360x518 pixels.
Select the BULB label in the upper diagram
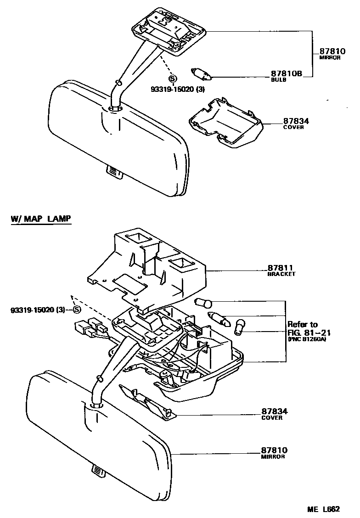point(278,80)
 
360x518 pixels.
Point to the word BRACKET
point(281,274)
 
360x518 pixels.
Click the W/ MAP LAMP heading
point(41,219)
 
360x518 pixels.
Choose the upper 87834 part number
point(296,121)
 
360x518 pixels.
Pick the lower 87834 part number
point(274,411)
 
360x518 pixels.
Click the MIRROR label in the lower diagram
point(273,457)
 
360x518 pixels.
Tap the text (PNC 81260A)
point(308,340)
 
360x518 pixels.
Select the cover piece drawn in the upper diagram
point(225,123)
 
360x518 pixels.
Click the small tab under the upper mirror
point(113,172)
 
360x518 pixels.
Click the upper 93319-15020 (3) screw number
point(176,90)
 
